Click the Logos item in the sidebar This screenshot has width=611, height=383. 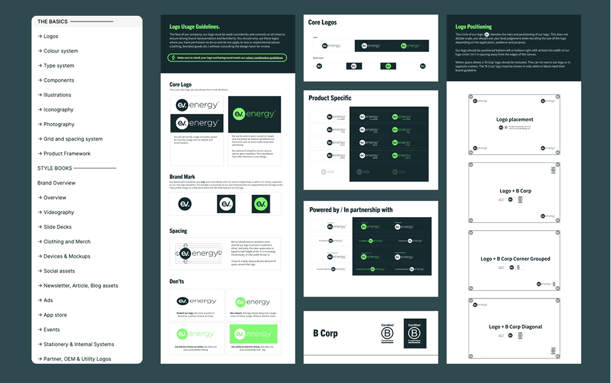51,36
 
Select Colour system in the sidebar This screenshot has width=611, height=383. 61,51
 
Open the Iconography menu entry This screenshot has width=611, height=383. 58,110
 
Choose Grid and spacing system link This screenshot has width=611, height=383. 73,139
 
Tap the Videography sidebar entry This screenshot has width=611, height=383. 58,213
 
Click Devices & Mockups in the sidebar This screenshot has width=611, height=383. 67,256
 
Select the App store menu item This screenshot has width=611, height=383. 55,315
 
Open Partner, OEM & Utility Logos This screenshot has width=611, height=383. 77,359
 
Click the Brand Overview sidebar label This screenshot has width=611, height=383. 57,183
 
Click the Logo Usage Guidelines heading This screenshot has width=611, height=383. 195,27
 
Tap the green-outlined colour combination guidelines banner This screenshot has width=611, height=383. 227,58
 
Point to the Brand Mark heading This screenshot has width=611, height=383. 182,177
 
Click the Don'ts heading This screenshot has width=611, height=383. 176,281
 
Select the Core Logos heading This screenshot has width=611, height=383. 322,23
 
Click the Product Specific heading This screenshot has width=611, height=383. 330,98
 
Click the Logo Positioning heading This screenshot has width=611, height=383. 473,27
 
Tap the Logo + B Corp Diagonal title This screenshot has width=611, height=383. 515,327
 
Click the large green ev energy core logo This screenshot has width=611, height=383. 254,114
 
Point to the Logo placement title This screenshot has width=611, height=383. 515,120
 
